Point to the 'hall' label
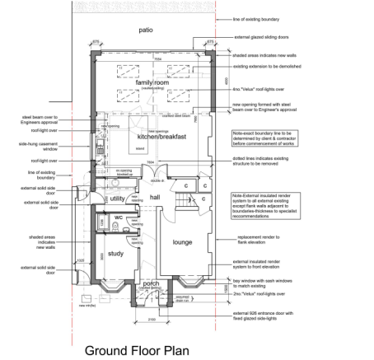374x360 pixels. click(154, 199)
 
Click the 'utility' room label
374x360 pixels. click(117, 199)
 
